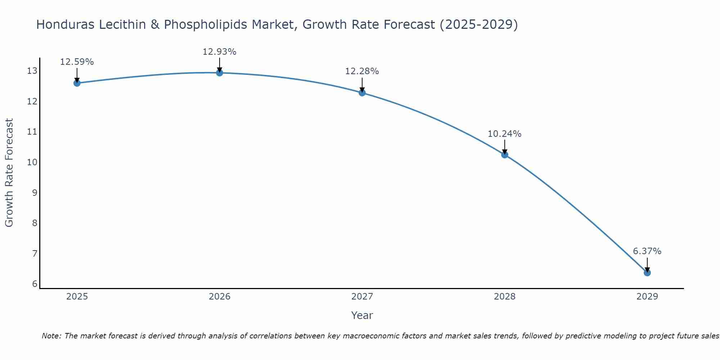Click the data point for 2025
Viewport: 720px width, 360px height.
[77, 83]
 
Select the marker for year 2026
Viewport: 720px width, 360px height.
[220, 73]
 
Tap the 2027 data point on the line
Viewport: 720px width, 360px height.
[362, 93]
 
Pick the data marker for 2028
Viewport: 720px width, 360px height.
[505, 155]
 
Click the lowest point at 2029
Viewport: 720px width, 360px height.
[647, 273]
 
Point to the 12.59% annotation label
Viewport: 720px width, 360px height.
[77, 62]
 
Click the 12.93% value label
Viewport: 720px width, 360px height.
[220, 52]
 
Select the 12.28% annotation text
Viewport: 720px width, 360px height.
[362, 71]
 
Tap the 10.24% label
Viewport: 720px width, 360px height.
[505, 134]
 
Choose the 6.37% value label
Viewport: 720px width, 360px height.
[647, 251]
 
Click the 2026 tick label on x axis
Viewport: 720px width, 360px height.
[220, 297]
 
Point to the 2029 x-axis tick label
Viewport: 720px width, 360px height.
[647, 297]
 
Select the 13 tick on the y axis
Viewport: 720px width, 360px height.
[32, 71]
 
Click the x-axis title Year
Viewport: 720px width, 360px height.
[362, 315]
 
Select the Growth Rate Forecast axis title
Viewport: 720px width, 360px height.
[9, 173]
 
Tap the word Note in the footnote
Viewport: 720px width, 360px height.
[51, 336]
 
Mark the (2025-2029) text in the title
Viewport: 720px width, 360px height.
[479, 24]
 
